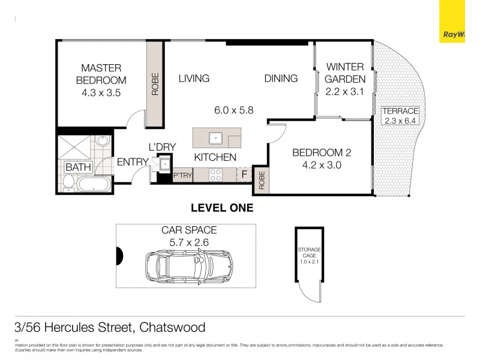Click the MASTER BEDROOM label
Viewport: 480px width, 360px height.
pyautogui.click(x=101, y=74)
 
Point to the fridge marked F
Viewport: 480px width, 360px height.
pyautogui.click(x=244, y=175)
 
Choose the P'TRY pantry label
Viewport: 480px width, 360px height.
pyautogui.click(x=182, y=176)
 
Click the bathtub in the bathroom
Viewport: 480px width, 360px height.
pyautogui.click(x=94, y=184)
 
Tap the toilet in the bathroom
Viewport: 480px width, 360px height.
pyautogui.click(x=68, y=183)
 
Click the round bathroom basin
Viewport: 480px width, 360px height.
pyautogui.click(x=101, y=142)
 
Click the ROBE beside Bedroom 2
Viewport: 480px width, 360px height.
pyautogui.click(x=262, y=180)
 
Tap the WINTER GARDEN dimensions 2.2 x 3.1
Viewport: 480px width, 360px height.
pyautogui.click(x=345, y=92)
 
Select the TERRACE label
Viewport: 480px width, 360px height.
pyautogui.click(x=400, y=111)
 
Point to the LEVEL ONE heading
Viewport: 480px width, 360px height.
pyautogui.click(x=221, y=208)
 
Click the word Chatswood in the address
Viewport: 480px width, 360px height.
pyautogui.click(x=172, y=328)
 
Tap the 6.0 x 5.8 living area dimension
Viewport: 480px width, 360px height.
pyautogui.click(x=234, y=110)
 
